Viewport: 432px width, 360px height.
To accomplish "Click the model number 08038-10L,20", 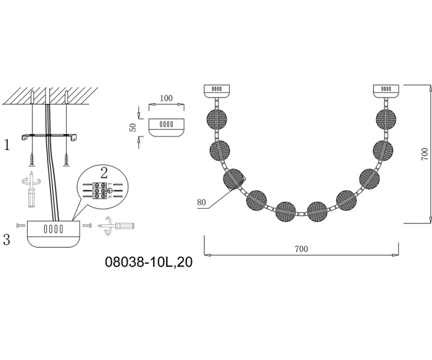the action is (x=149, y=262).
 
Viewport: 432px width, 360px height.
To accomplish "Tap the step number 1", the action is (x=7, y=144).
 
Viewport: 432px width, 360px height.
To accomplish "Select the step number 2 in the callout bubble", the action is (x=104, y=174).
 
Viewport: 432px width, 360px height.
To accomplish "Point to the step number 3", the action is (x=7, y=239).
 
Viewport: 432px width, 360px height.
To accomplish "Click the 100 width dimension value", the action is (x=166, y=98).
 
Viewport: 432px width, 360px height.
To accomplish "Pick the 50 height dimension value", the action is (x=133, y=127).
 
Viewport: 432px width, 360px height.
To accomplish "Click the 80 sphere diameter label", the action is (x=201, y=203).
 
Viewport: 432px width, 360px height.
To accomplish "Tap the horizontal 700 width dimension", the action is (x=301, y=249).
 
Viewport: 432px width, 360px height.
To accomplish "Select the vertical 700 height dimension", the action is (x=425, y=154).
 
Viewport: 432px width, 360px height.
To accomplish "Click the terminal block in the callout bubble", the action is (x=100, y=190).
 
